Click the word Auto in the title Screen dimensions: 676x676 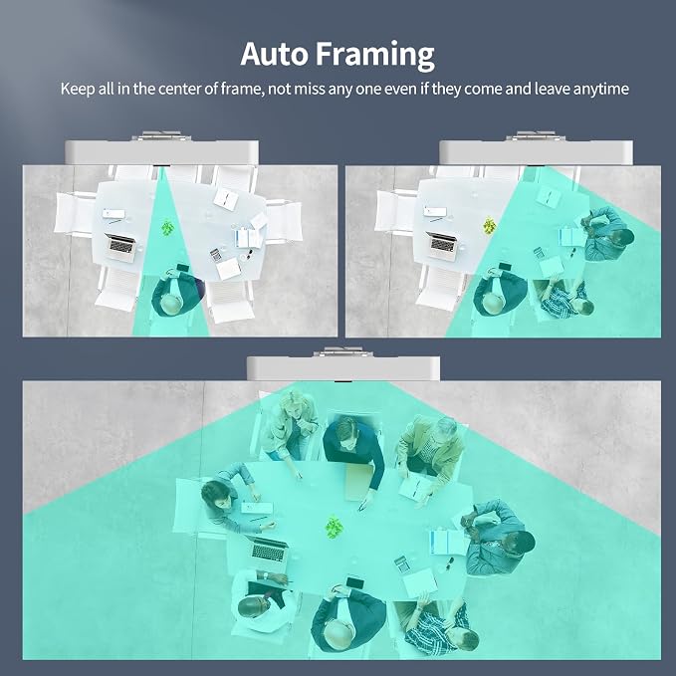[x=274, y=54]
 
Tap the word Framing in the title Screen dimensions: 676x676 [x=374, y=56]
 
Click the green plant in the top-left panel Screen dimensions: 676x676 [x=167, y=227]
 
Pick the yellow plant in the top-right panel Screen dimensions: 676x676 [x=489, y=226]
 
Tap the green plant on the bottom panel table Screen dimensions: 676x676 [x=334, y=527]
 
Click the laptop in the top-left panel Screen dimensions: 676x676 [x=121, y=247]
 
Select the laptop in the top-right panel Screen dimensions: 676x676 [x=442, y=246]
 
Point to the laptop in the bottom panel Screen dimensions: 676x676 [x=268, y=550]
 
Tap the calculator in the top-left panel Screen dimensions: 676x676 [x=216, y=255]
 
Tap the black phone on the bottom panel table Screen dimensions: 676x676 [x=354, y=582]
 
